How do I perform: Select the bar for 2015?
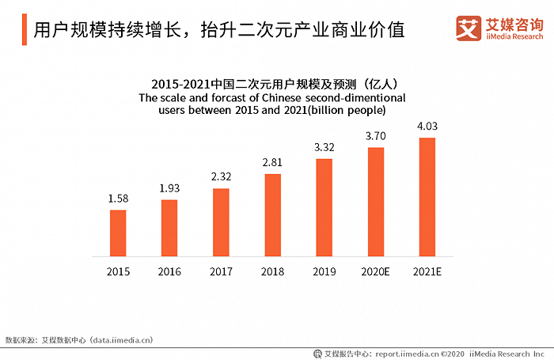(x=118, y=233)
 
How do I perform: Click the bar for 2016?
(x=169, y=228)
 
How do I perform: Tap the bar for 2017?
(x=221, y=222)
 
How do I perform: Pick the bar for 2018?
(x=272, y=214)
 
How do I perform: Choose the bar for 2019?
(x=324, y=207)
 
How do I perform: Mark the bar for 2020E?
(x=375, y=202)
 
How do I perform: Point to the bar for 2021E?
(x=427, y=197)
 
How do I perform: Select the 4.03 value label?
(x=427, y=126)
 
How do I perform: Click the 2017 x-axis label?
(x=221, y=271)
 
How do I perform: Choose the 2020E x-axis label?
(x=375, y=271)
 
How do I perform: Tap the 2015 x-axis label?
(x=118, y=271)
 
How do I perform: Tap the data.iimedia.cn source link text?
(x=113, y=340)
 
